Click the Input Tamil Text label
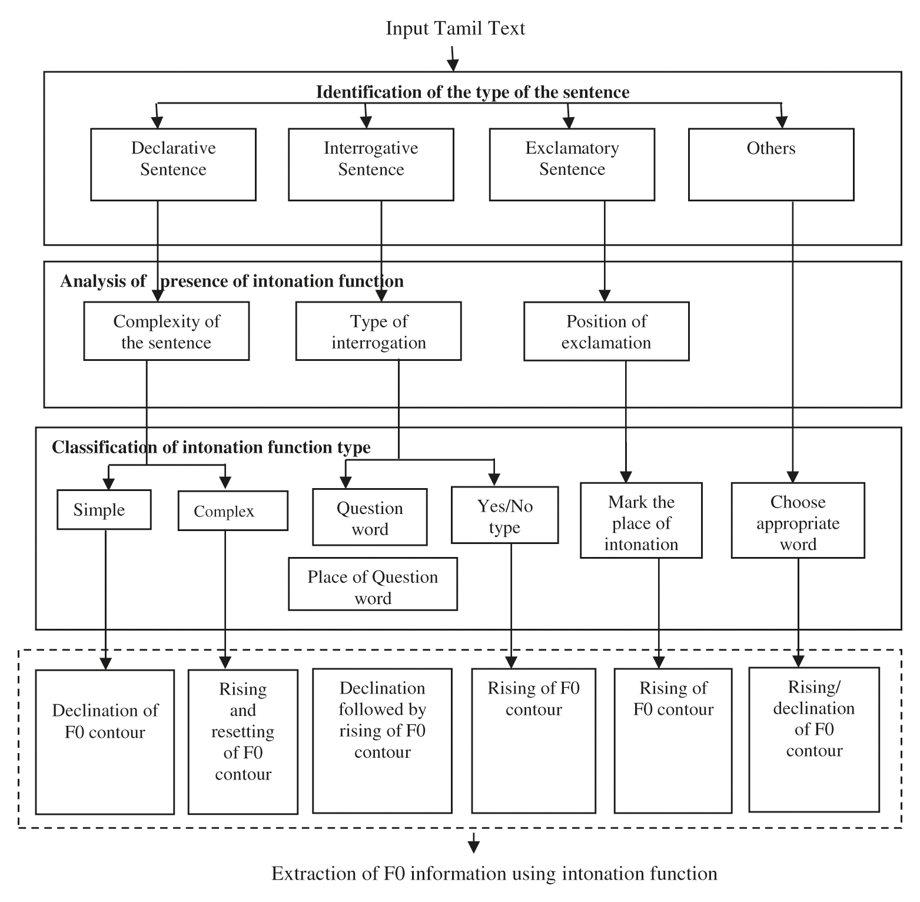click(x=455, y=28)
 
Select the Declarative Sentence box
click(x=173, y=164)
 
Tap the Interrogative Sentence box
click(x=371, y=164)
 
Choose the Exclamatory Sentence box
click(x=572, y=164)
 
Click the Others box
click(x=770, y=164)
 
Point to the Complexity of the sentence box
click(x=166, y=331)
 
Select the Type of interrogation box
click(x=378, y=331)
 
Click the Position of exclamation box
click(x=606, y=331)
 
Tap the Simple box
click(x=104, y=510)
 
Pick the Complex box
click(x=233, y=511)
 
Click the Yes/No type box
click(x=504, y=516)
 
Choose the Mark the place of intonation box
click(x=641, y=521)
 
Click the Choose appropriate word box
click(x=798, y=521)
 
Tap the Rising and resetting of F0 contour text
click(x=243, y=731)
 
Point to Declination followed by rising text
click(x=382, y=720)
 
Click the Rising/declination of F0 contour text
click(x=813, y=719)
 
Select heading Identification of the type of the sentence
click(x=473, y=92)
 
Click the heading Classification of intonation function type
click(x=211, y=447)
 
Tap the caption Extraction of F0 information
click(x=494, y=874)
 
